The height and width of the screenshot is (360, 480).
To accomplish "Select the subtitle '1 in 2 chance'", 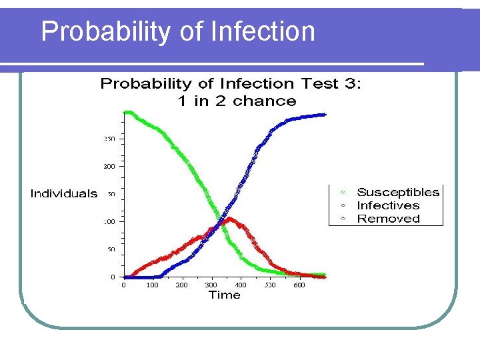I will (237, 101).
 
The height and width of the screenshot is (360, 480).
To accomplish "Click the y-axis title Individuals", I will (64, 194).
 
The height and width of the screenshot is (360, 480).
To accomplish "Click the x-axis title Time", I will (224, 295).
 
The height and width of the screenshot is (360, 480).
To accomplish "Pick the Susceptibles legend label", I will (398, 193).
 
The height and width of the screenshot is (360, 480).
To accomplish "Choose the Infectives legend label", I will (388, 206).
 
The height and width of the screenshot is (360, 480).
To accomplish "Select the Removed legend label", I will (389, 219).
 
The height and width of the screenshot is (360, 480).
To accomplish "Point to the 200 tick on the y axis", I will (109, 166).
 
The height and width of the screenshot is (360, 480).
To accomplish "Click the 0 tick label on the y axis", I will (112, 277).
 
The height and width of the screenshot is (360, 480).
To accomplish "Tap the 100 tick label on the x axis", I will (152, 285).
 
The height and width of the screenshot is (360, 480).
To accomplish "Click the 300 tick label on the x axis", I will (211, 285).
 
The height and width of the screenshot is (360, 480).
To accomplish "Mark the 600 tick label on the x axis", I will (299, 285).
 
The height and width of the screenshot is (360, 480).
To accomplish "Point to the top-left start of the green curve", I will (127, 112).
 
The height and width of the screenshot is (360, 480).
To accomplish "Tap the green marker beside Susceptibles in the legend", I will (343, 193).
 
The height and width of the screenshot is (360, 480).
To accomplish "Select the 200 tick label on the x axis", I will (181, 285).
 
